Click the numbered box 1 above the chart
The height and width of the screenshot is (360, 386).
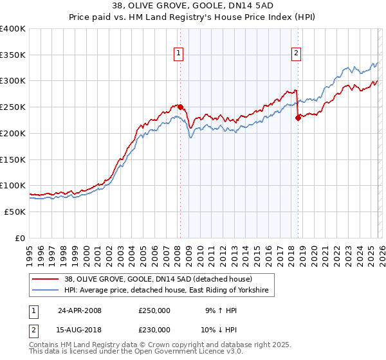tap(178, 54)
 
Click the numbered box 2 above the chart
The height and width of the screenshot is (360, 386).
tap(297, 54)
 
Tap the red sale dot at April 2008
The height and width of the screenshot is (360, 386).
tap(180, 107)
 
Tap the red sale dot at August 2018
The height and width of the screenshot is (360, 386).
tap(298, 117)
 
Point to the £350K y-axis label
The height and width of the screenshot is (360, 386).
tap(13, 55)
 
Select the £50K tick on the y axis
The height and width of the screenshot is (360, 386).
tap(15, 212)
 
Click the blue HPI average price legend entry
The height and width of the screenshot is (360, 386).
tap(169, 291)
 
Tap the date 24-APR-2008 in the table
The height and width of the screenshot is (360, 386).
tap(80, 310)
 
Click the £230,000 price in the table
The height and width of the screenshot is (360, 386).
tap(154, 330)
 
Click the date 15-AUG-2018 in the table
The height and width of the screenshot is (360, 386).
tap(80, 330)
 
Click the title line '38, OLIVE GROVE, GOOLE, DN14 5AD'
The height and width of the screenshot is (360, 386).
tap(193, 6)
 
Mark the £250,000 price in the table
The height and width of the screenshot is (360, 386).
tap(154, 310)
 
